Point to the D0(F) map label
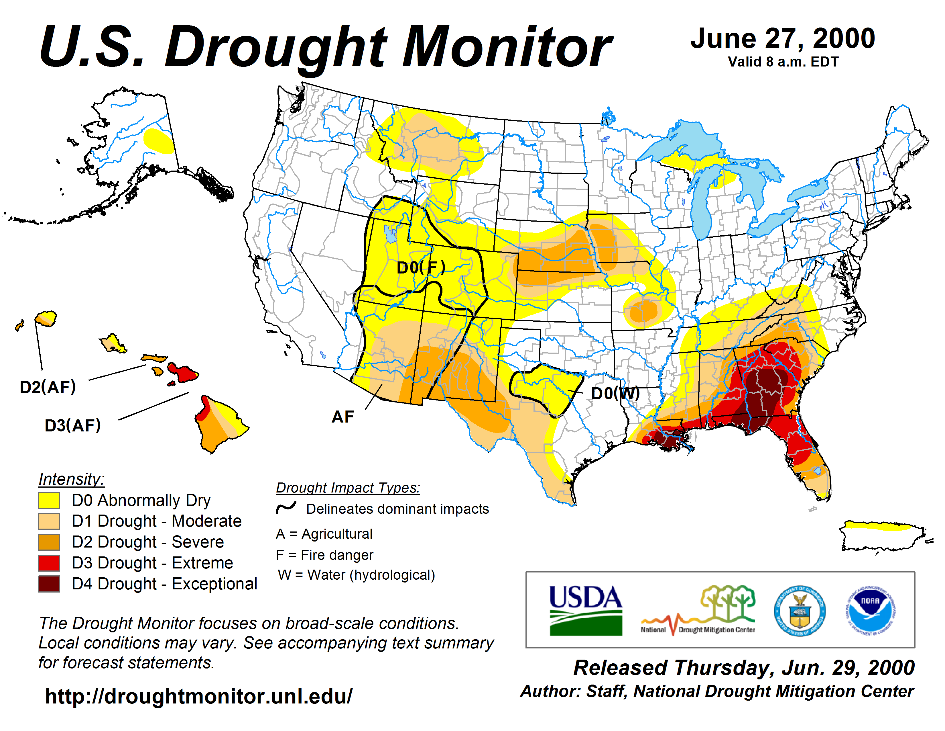click(421, 268)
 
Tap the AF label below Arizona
click(343, 417)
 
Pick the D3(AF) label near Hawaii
click(73, 425)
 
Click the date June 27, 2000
click(783, 38)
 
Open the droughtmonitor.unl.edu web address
click(199, 696)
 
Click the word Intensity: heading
click(71, 479)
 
